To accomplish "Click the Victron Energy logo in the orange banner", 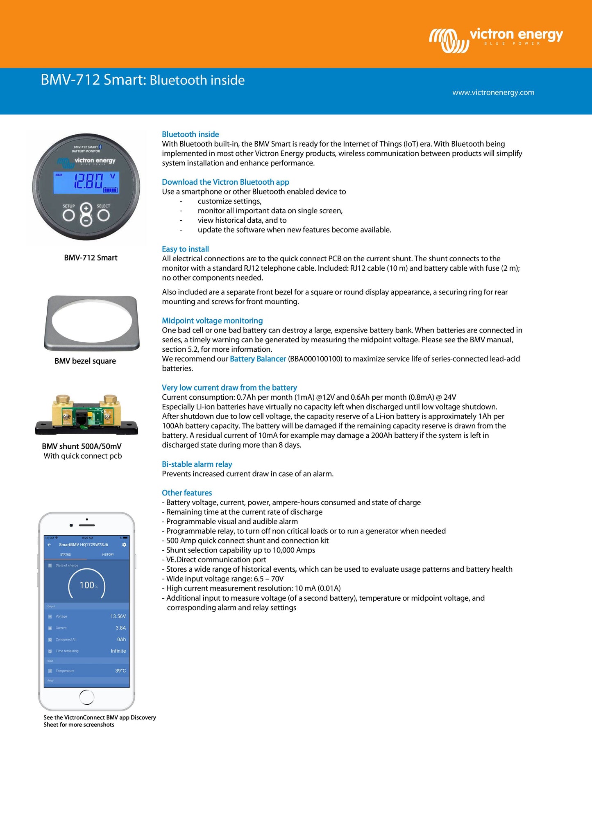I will [x=496, y=39].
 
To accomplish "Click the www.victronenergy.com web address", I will [x=493, y=93].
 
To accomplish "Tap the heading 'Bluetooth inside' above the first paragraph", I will [x=190, y=134].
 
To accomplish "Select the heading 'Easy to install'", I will [x=185, y=249].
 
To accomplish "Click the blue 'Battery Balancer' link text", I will [x=258, y=359].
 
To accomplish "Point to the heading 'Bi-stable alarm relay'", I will [x=197, y=464].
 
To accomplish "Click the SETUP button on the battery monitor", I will [x=69, y=215].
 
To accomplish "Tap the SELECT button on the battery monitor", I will [x=103, y=215].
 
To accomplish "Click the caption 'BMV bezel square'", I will [x=85, y=361].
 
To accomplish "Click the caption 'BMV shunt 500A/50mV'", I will [x=82, y=446].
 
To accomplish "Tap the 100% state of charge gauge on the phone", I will [x=87, y=585].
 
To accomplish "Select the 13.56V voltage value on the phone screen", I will [x=118, y=616].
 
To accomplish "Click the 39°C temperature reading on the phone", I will [x=120, y=671].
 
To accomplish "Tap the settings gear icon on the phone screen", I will [x=124, y=545].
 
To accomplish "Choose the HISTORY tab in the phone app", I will [x=108, y=554].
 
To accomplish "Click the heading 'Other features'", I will [x=187, y=493].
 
